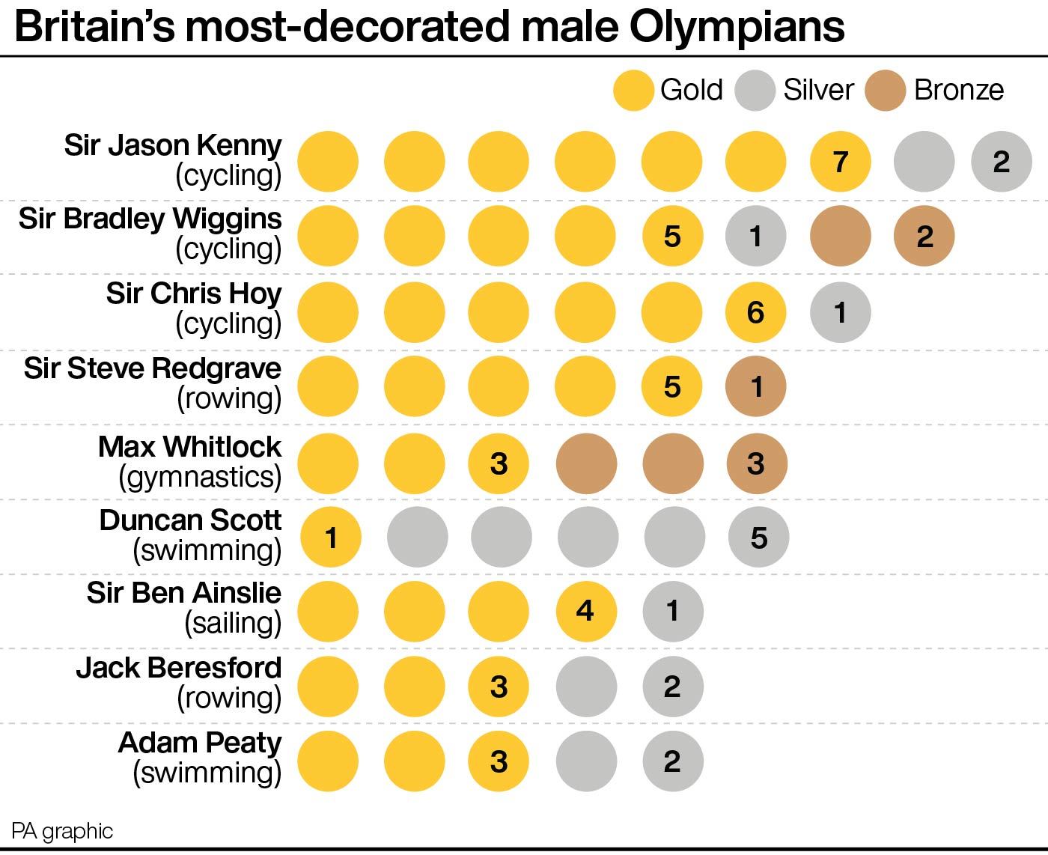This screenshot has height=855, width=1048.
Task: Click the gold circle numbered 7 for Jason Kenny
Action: (841, 161)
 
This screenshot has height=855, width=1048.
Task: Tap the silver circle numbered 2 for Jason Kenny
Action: (1002, 161)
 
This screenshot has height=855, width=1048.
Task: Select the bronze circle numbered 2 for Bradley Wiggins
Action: (924, 237)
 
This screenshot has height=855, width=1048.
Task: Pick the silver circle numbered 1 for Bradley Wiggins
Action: (756, 237)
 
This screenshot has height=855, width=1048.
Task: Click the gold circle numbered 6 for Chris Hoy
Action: (756, 311)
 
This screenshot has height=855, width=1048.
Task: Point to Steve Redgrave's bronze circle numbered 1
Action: (756, 386)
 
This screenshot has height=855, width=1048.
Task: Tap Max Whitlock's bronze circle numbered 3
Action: (756, 463)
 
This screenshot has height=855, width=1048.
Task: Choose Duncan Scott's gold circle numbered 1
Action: (331, 537)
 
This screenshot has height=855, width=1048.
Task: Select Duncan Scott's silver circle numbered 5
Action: (759, 537)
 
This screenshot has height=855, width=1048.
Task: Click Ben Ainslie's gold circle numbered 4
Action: (586, 611)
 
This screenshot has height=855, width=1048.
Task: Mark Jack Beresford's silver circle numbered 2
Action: (672, 686)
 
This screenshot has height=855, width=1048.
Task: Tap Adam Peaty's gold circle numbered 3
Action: (499, 761)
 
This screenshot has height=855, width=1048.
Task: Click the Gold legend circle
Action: (633, 91)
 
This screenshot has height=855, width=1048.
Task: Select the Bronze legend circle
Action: (886, 91)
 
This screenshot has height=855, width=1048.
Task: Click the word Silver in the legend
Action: (818, 90)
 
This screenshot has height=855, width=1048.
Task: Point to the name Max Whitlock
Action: (189, 446)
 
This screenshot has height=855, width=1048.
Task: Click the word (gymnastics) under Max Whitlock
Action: (200, 476)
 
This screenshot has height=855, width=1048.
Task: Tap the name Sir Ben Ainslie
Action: (183, 593)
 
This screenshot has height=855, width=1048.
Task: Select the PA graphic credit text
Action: (62, 831)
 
